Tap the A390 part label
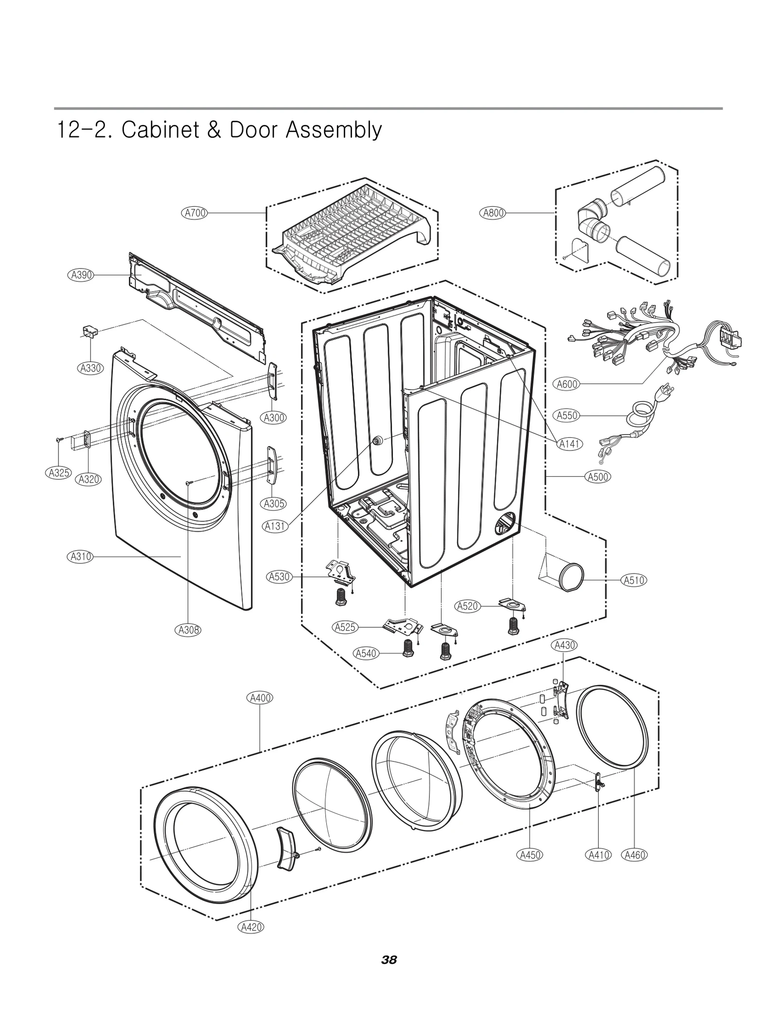(x=80, y=275)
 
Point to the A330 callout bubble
(x=90, y=368)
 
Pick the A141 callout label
(x=569, y=444)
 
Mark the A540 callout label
(x=366, y=653)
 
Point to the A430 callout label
(x=564, y=645)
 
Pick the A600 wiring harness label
(x=567, y=384)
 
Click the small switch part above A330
(x=89, y=331)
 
